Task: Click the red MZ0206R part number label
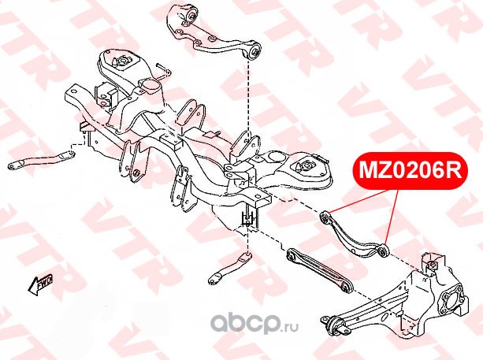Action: coord(409,169)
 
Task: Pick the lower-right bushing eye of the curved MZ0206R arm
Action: coord(383,251)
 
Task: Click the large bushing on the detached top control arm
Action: coord(193,17)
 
